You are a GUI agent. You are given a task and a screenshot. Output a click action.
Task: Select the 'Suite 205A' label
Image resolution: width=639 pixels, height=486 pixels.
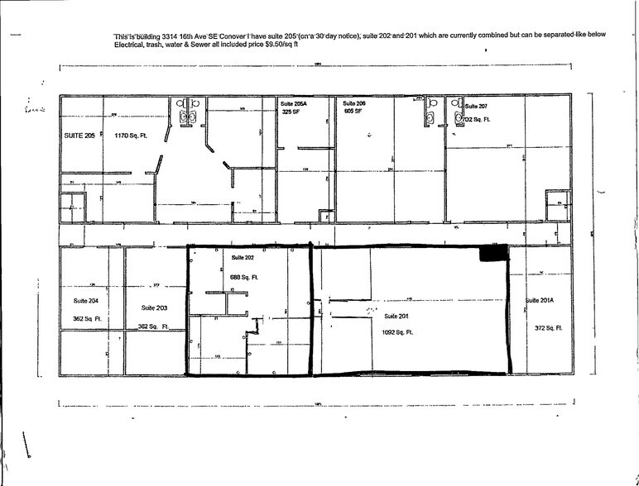tap(295, 103)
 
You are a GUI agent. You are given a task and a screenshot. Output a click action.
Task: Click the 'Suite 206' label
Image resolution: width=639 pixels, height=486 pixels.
tap(355, 103)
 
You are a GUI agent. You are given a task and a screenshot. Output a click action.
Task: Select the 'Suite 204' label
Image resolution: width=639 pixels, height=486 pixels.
tap(85, 300)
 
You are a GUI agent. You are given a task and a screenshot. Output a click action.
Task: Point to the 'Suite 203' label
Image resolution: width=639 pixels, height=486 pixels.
tap(154, 307)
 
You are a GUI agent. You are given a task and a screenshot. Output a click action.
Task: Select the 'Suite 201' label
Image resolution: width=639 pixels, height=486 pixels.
tap(396, 316)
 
